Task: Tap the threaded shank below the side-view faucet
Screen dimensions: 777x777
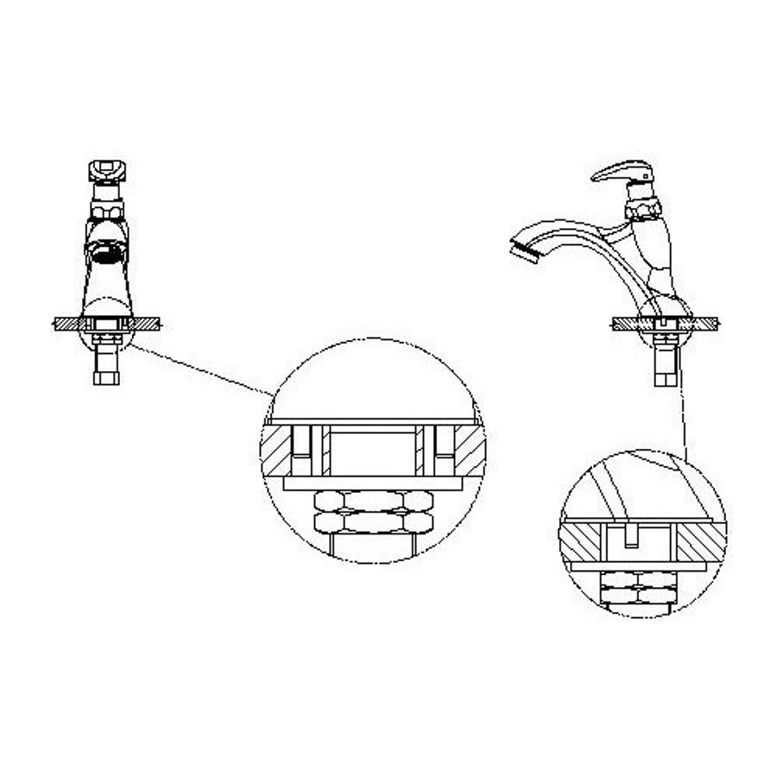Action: pos(666,367)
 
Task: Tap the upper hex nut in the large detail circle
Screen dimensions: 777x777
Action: pos(371,501)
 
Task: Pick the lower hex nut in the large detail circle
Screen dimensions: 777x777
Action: pos(371,521)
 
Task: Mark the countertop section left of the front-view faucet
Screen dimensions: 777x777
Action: pos(66,324)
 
